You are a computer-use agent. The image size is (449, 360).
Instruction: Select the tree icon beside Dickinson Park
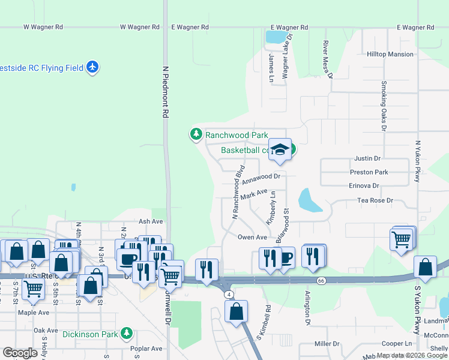[x=126, y=332]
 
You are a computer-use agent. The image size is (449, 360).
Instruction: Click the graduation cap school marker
[x=279, y=149]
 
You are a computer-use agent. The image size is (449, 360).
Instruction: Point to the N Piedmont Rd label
[x=165, y=95]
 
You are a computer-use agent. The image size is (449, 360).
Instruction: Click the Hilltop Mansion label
[x=390, y=54]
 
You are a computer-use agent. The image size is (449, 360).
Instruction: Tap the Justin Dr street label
[x=368, y=159]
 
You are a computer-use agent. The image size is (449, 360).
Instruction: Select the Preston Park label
[x=369, y=172]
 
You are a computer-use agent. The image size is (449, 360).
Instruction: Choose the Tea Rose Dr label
[x=375, y=200]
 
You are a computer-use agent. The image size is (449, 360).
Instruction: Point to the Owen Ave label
[x=252, y=238]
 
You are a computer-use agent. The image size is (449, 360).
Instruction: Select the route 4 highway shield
[x=229, y=294]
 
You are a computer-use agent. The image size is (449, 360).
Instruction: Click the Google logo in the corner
[x=20, y=353]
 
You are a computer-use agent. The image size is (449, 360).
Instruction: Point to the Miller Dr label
[x=327, y=344]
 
